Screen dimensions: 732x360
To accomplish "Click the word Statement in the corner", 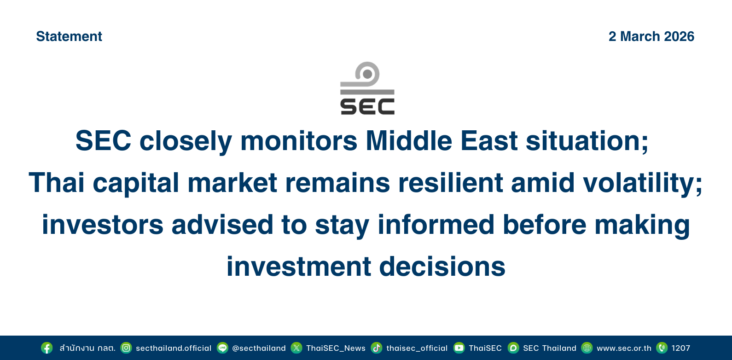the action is (69, 36).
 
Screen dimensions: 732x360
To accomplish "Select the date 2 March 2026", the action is (651, 36).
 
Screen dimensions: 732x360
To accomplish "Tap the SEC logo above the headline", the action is (367, 88).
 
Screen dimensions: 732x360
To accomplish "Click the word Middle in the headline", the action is (409, 141).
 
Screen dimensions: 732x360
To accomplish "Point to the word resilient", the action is (451, 183).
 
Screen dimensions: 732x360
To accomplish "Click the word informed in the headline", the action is (436, 225).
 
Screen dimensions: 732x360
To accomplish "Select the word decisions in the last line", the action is (442, 266).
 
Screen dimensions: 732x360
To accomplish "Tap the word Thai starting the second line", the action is (57, 183).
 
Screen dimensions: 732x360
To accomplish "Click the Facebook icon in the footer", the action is (47, 348).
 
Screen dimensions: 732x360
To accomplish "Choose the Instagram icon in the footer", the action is (126, 348).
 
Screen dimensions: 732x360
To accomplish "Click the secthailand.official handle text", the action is (174, 348).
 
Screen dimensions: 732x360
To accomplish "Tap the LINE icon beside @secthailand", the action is (222, 348).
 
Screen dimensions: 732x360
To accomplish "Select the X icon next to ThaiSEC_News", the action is (296, 348).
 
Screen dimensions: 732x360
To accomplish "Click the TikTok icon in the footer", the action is (377, 348).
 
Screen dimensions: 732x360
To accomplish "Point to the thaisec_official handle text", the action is (417, 348).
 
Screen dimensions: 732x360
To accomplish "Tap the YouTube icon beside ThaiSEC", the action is (459, 348).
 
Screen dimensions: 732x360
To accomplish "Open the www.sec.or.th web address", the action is (624, 348).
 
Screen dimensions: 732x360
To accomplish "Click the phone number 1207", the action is (681, 348).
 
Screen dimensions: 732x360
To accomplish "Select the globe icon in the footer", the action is (587, 348).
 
